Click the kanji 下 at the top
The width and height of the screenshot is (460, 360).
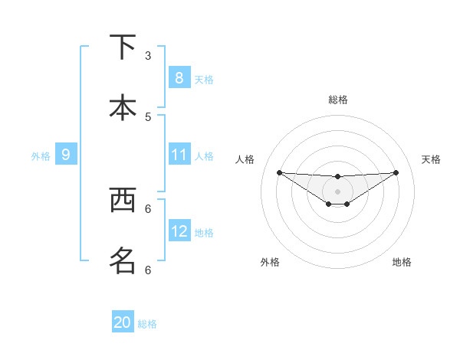tap(123, 48)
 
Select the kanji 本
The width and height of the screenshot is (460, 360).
tap(123, 106)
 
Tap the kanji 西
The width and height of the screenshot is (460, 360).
tap(123, 201)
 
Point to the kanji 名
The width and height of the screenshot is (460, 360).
tap(123, 260)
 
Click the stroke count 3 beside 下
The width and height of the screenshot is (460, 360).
tap(148, 56)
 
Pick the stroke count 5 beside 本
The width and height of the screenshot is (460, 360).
tap(148, 116)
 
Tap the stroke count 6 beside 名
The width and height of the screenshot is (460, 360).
tap(148, 270)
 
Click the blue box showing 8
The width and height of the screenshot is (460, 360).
tap(179, 78)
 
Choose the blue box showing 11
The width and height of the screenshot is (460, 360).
tap(179, 155)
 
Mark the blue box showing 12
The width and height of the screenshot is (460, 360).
tap(179, 231)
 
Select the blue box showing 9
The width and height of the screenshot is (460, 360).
tap(66, 155)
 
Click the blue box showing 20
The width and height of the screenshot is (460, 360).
tap(123, 322)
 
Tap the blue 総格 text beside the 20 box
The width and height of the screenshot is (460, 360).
tap(147, 324)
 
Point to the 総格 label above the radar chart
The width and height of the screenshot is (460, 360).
tap(337, 100)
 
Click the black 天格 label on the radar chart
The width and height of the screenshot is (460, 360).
tap(431, 159)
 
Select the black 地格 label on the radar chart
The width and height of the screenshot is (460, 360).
tap(402, 262)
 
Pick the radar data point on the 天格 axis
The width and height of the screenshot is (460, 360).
tap(396, 172)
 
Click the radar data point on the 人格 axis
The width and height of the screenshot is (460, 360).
tap(279, 172)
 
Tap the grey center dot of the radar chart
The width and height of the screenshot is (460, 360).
tap(337, 191)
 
